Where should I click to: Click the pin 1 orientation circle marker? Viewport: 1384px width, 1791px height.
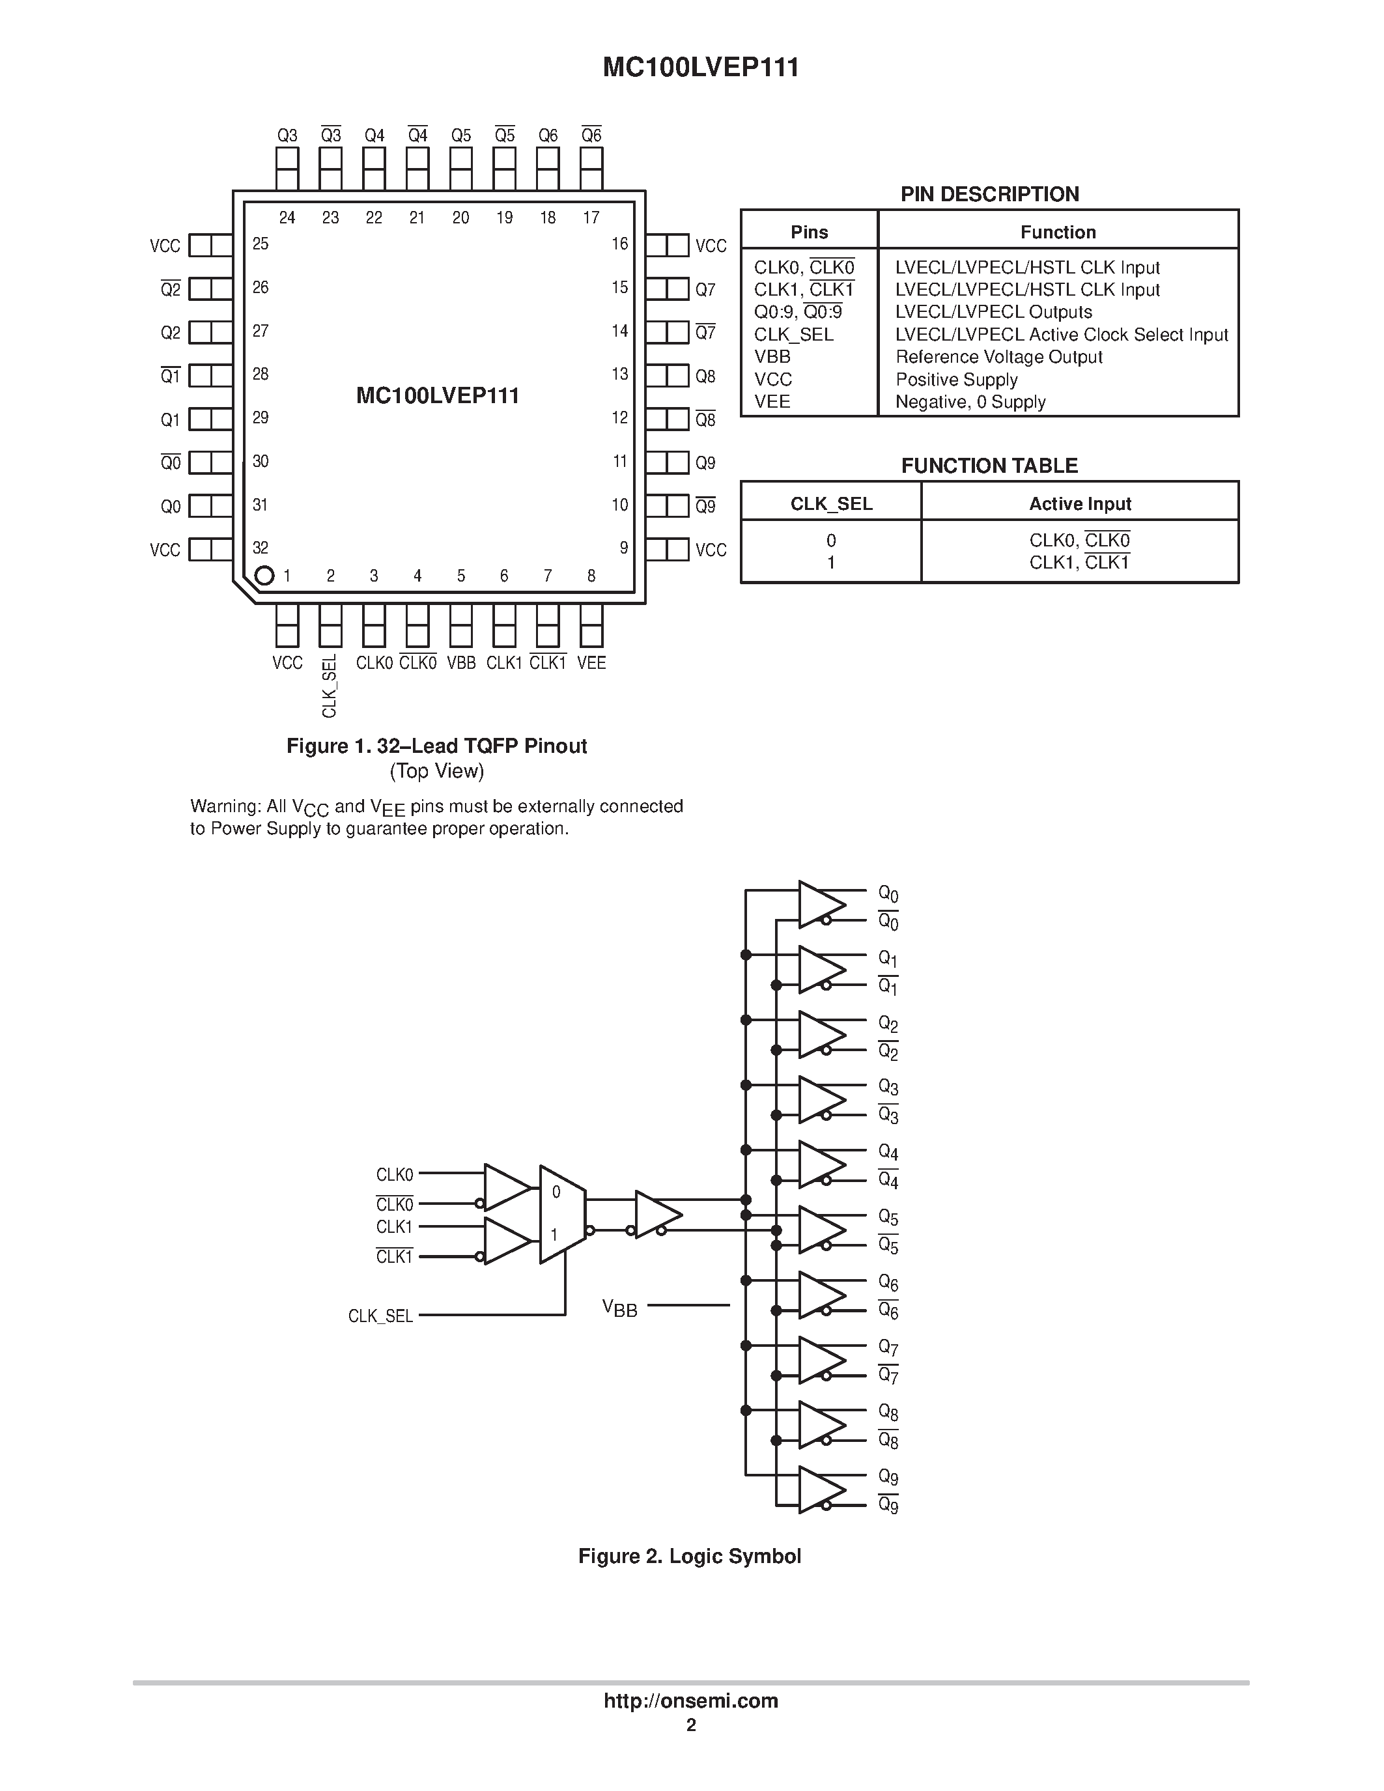pyautogui.click(x=264, y=576)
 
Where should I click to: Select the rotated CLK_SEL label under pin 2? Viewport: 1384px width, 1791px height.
pyautogui.click(x=330, y=686)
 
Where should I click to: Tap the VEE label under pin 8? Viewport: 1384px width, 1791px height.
pyautogui.click(x=591, y=662)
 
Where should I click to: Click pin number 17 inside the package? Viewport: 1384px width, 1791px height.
pyautogui.click(x=591, y=218)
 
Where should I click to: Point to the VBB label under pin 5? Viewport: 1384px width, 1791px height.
pyautogui.click(x=460, y=662)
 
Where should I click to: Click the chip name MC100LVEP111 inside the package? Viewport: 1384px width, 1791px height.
pyautogui.click(x=437, y=396)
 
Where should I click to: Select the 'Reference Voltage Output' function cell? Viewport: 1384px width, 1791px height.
pyautogui.click(x=998, y=357)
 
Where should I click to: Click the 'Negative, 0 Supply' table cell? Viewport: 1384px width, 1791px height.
pyautogui.click(x=970, y=402)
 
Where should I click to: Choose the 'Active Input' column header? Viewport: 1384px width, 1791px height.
pyautogui.click(x=1079, y=503)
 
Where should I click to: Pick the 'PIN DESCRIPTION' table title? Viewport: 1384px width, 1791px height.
pyautogui.click(x=989, y=194)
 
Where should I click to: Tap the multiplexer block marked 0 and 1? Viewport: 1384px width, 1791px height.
pyautogui.click(x=561, y=1214)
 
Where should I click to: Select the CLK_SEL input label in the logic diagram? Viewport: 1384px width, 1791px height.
pyautogui.click(x=380, y=1316)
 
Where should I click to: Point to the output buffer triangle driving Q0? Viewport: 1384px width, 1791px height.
pyautogui.click(x=819, y=905)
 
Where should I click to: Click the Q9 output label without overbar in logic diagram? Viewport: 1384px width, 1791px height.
pyautogui.click(x=888, y=1477)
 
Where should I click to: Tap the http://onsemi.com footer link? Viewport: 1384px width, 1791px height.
pyautogui.click(x=690, y=1700)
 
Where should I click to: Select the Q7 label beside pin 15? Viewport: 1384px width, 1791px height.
pyautogui.click(x=705, y=289)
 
